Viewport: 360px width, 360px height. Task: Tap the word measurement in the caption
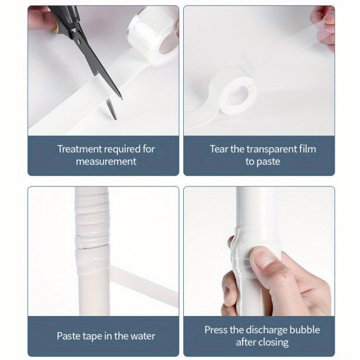pos(106,161)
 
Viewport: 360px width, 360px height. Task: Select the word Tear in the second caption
pos(219,149)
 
